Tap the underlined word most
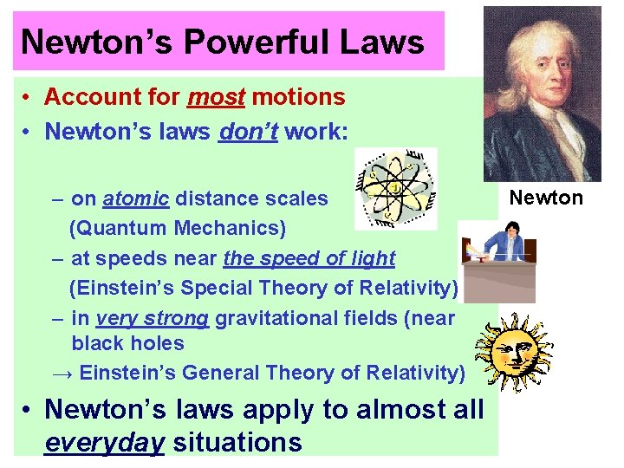tap(217, 98)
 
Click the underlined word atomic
tap(135, 198)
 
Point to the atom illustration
tap(396, 188)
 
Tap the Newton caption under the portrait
tap(546, 198)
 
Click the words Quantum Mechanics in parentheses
tap(177, 229)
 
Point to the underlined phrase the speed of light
tap(309, 258)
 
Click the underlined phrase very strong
tap(153, 318)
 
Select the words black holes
tap(127, 343)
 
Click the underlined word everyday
tap(104, 443)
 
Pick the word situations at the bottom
tap(237, 443)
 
